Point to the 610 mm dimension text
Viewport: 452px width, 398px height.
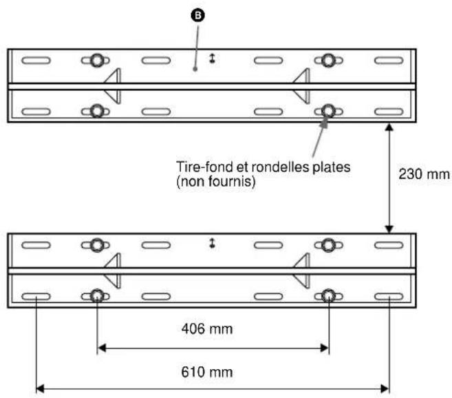pyautogui.click(x=213, y=372)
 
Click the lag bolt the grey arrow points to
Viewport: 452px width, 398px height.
pyautogui.click(x=329, y=111)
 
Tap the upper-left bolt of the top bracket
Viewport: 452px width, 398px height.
pyautogui.click(x=97, y=61)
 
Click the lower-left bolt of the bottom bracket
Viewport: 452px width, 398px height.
pyautogui.click(x=97, y=296)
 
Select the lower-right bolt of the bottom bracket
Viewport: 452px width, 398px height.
pyautogui.click(x=329, y=296)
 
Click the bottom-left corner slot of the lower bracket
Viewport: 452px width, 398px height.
pyautogui.click(x=36, y=297)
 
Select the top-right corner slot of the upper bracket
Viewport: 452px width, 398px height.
pyautogui.click(x=389, y=61)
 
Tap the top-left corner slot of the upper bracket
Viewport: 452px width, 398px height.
pyautogui.click(x=36, y=61)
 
